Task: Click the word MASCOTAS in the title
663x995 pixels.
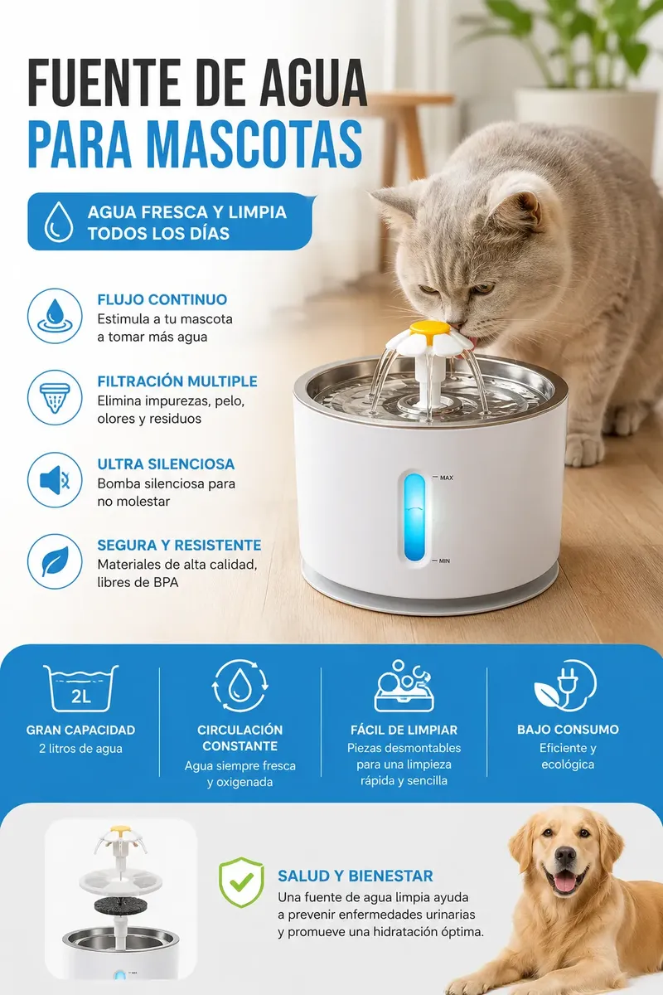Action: tap(255, 145)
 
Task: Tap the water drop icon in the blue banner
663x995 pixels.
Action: tap(59, 221)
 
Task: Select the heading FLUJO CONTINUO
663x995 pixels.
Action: tap(162, 299)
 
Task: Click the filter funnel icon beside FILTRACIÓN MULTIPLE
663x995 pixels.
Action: tap(55, 397)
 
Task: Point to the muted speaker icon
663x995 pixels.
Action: tap(55, 480)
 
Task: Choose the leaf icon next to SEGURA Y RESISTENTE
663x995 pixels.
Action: tap(55, 561)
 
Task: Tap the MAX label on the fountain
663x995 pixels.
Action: tap(447, 478)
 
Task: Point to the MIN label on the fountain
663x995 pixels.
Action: tap(444, 561)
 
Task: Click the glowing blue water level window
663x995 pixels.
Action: tap(414, 517)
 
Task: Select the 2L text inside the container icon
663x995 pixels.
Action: tap(81, 696)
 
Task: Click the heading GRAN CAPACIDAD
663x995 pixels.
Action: tap(81, 730)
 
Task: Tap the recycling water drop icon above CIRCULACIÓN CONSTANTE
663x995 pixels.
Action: tap(240, 687)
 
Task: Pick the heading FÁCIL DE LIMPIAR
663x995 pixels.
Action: tap(404, 730)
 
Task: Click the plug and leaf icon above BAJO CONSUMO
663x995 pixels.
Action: tap(565, 685)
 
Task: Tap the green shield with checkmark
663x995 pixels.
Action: tap(241, 882)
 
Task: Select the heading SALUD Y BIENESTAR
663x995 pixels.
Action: tap(356, 876)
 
